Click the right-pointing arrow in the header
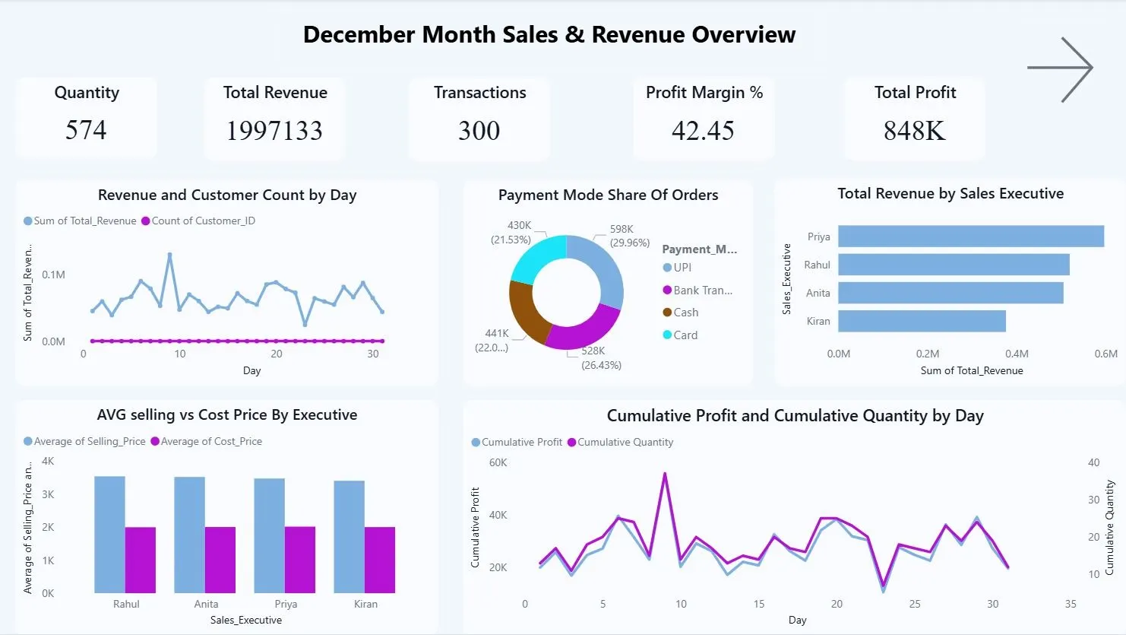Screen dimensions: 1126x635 [1060, 69]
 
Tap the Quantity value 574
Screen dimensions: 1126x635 [86, 130]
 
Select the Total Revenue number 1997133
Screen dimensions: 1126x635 [274, 130]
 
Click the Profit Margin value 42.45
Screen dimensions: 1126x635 [703, 130]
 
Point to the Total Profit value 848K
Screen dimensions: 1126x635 [914, 130]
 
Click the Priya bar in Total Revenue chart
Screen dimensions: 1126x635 [971, 236]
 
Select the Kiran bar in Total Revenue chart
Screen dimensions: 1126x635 [922, 321]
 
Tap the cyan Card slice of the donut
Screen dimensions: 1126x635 [536, 258]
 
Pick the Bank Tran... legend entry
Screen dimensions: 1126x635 [697, 291]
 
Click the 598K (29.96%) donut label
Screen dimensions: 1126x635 [629, 236]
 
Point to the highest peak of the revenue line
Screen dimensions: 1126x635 [170, 255]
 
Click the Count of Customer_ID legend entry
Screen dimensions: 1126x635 [198, 221]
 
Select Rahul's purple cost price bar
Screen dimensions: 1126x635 [141, 560]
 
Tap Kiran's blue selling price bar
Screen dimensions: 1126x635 [350, 537]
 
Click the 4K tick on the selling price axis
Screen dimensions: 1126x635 [48, 462]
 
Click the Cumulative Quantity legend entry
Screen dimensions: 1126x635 [620, 443]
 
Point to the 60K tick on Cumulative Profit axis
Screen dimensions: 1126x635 [498, 462]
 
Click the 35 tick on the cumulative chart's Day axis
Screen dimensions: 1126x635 [1071, 604]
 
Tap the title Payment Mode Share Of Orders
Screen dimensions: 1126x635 [609, 195]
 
